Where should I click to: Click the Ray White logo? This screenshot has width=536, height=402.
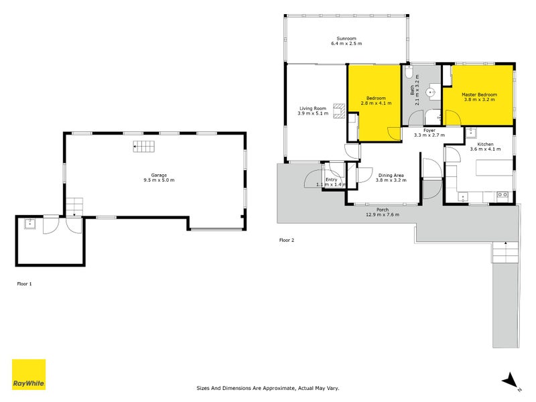pos(29,375)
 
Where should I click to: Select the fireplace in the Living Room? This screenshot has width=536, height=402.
pos(341,109)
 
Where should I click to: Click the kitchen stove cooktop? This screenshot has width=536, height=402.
pos(500,195)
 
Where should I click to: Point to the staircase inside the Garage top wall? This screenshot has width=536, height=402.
pos(143,147)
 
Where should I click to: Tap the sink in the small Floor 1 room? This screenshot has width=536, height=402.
pos(30,224)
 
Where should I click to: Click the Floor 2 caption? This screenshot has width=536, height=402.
pos(287,239)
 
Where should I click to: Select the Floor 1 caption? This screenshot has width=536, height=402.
pos(24,283)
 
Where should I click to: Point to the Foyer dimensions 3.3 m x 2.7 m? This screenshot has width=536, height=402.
pos(429,135)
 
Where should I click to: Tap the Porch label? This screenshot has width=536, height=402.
pos(382,210)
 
